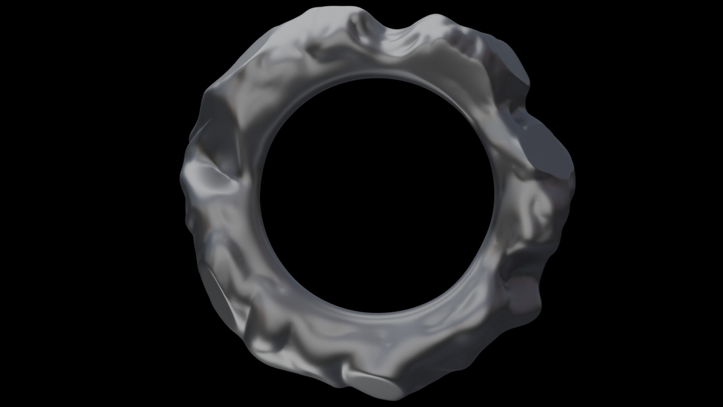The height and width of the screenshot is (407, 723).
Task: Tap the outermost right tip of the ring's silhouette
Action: coord(575,177)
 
